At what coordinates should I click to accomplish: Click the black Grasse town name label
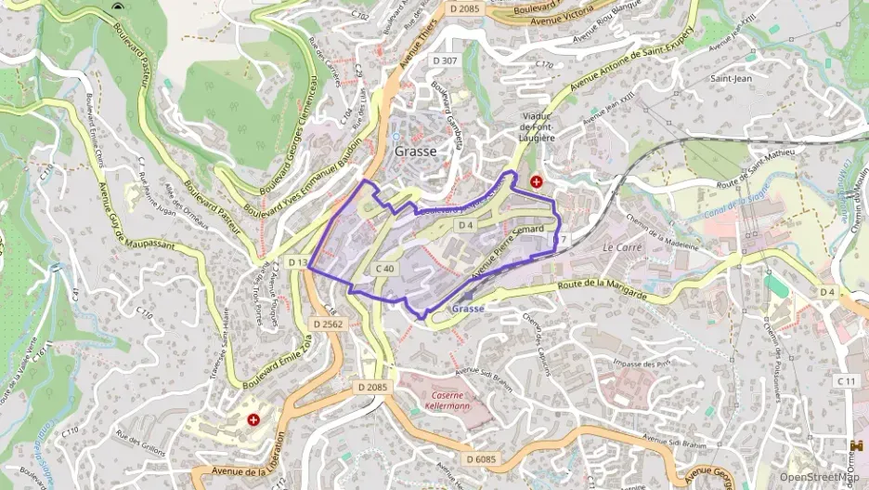tap(415, 151)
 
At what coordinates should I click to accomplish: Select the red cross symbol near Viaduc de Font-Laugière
tap(536, 181)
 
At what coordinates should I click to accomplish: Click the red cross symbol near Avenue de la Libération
tap(253, 420)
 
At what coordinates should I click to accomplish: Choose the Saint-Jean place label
tap(730, 80)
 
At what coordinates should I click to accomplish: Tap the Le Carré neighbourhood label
tap(621, 247)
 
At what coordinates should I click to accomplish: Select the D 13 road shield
tap(297, 263)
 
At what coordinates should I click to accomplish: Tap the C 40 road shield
tap(386, 268)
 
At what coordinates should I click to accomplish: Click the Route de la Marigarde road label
tap(602, 288)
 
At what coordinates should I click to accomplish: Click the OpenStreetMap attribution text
tap(818, 477)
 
